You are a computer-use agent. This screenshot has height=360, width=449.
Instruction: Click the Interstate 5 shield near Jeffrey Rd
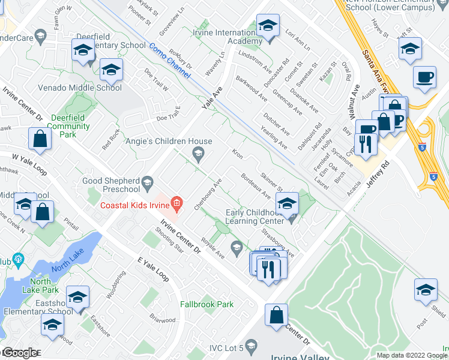coord(433,176)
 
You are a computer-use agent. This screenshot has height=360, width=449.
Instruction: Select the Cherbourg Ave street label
coord(208,194)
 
